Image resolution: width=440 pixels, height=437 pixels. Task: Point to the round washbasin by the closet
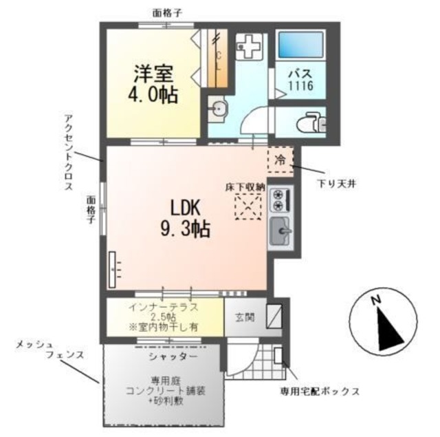[218, 109]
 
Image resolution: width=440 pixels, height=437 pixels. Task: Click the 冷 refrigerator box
[280, 159]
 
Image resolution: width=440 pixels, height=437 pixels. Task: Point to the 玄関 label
[244, 317]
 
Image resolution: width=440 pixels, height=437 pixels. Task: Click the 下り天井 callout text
[335, 183]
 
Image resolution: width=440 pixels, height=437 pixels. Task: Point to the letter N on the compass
[376, 301]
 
